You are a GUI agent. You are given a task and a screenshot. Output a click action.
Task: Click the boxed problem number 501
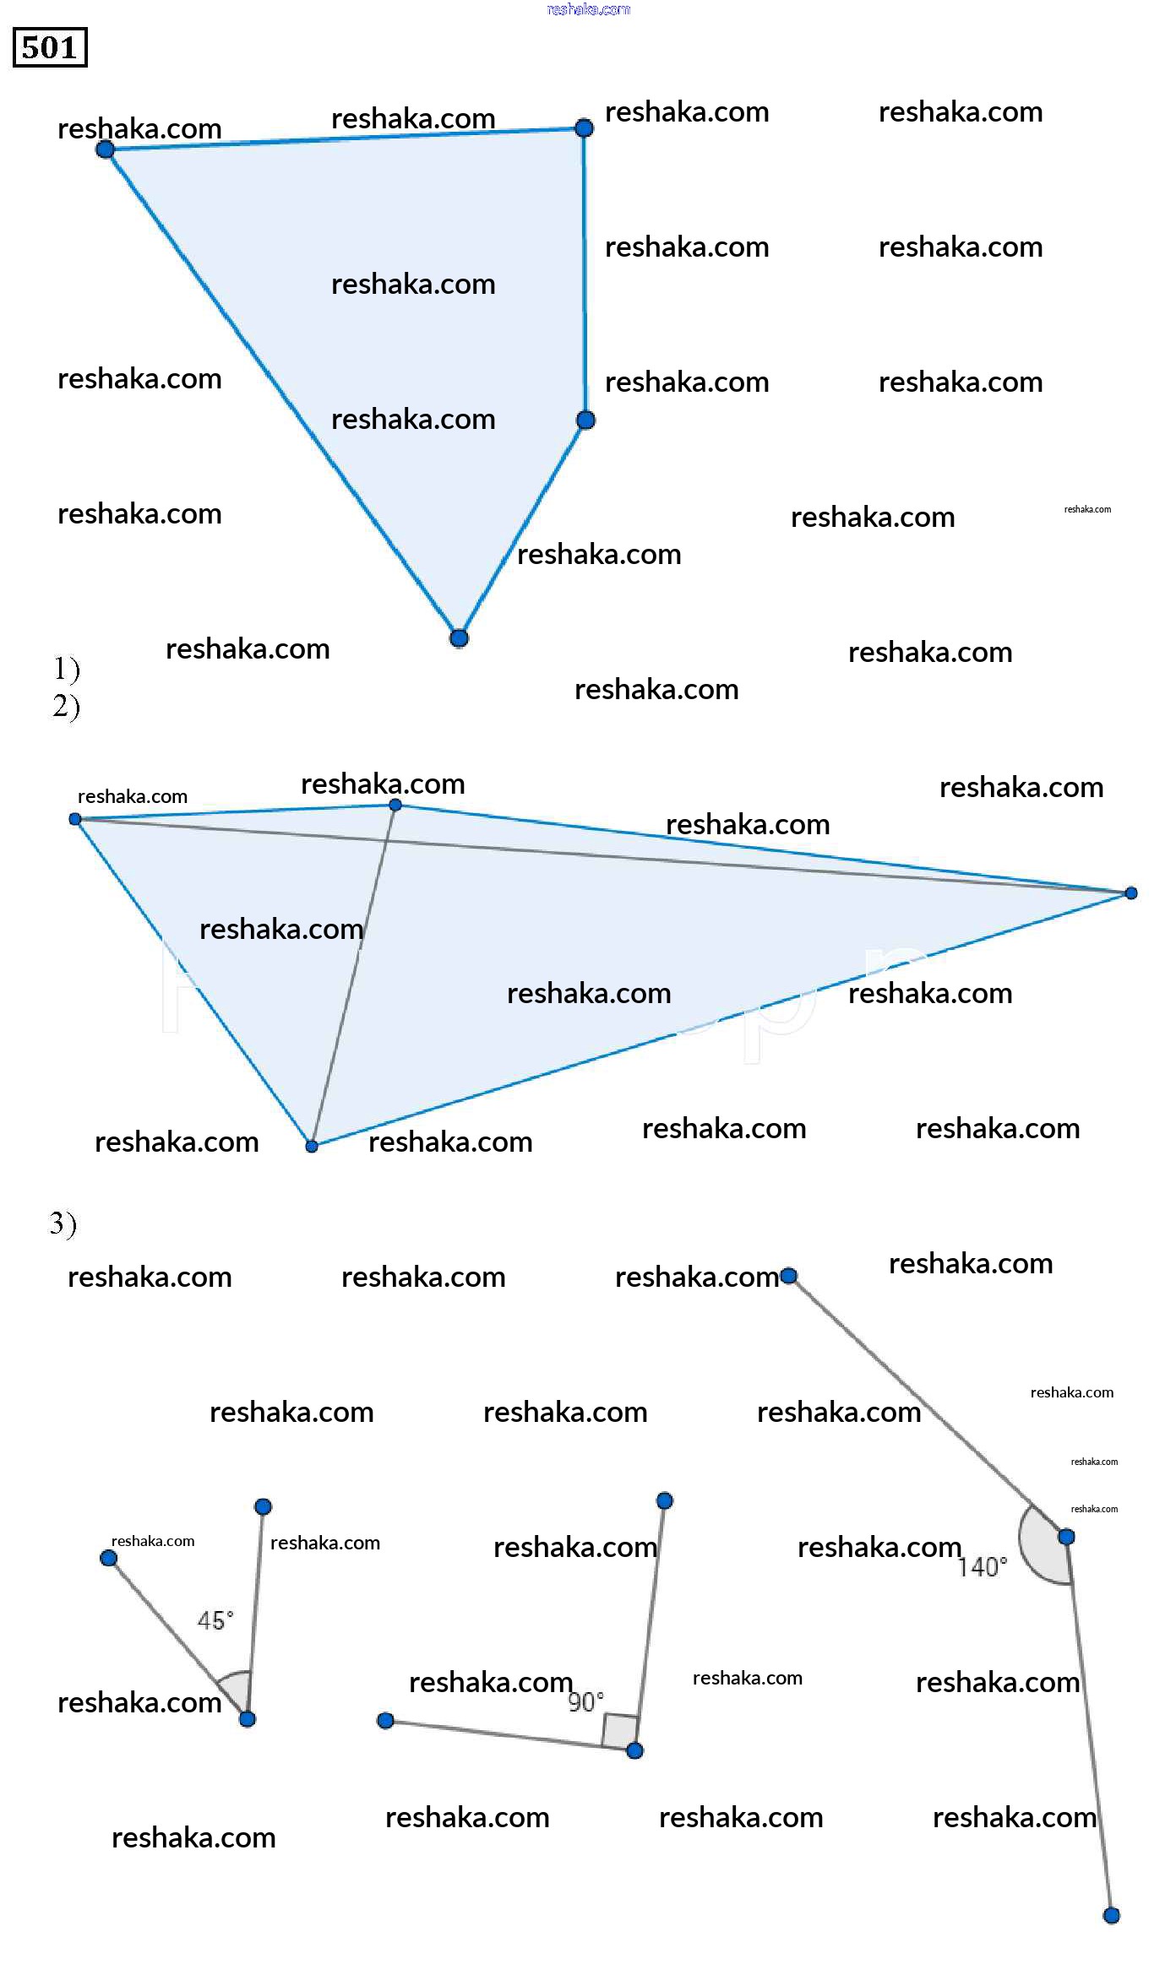click(50, 47)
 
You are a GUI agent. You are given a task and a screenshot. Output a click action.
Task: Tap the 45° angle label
click(215, 1620)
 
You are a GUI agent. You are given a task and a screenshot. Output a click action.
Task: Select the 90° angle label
click(585, 1701)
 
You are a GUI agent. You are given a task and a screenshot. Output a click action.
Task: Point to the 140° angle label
click(983, 1567)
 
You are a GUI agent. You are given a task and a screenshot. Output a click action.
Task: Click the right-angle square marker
click(620, 1731)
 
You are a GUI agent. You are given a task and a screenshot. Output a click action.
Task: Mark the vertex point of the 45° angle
click(247, 1719)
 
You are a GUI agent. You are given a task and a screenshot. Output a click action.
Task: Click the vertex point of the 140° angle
click(1066, 1537)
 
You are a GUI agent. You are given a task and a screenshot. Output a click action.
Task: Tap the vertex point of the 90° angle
click(635, 1750)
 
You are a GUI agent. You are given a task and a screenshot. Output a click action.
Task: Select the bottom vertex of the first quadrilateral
click(459, 638)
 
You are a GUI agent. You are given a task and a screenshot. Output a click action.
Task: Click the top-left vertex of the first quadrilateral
click(106, 149)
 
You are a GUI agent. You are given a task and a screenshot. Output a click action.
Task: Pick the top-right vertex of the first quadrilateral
click(584, 128)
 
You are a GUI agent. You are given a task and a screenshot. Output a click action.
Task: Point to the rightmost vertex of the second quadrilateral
click(1131, 892)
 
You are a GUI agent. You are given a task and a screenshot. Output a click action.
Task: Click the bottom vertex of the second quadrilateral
click(312, 1146)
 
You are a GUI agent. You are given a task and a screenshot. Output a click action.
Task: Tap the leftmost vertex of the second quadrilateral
click(75, 819)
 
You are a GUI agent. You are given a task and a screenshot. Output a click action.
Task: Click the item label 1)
click(67, 669)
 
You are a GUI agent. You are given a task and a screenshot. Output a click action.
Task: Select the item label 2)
click(67, 706)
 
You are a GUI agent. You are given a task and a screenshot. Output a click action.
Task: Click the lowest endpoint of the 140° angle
click(1112, 1916)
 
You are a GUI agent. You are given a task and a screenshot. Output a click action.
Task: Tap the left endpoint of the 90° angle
click(385, 1721)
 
